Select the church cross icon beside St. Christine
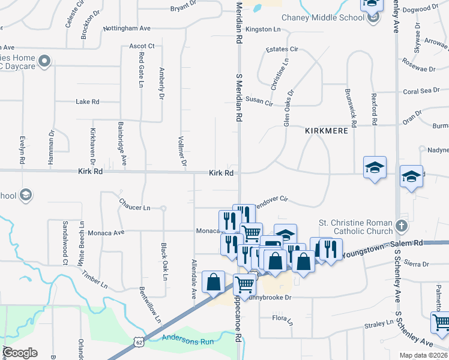tap(402, 227)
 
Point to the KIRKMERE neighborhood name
tap(327, 130)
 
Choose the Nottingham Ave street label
tap(127, 28)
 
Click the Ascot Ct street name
tap(142, 46)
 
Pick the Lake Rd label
tap(87, 102)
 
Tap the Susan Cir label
tap(259, 103)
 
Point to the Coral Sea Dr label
tap(421, 91)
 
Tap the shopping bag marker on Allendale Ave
tap(214, 281)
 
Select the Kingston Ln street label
tap(263, 29)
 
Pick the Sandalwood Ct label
tap(65, 242)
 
